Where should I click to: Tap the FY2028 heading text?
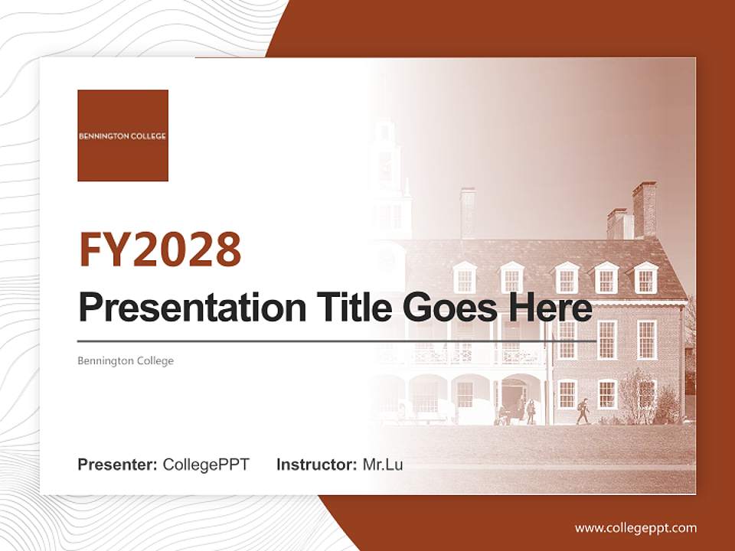(x=160, y=249)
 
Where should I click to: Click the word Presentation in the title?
(x=181, y=308)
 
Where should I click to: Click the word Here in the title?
(x=550, y=308)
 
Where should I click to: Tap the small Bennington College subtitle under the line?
(x=126, y=360)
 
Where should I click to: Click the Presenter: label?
(x=118, y=465)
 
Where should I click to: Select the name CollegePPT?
(x=206, y=465)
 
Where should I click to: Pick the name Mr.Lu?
(x=383, y=465)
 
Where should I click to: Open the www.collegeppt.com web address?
(x=635, y=528)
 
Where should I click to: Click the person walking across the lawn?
(x=583, y=411)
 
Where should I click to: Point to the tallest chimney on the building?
(x=644, y=209)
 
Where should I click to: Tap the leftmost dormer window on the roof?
(x=464, y=278)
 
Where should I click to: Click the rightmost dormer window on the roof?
(x=645, y=279)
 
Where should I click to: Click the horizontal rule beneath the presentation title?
(x=337, y=341)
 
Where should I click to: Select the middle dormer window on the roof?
(x=567, y=279)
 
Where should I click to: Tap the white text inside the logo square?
(x=122, y=136)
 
